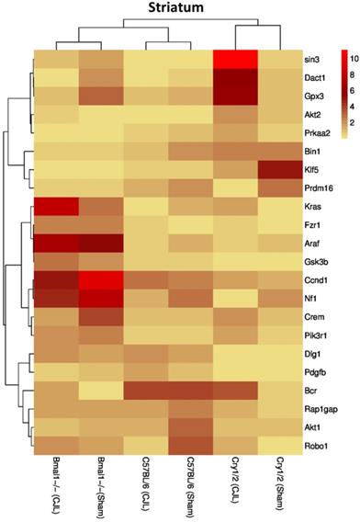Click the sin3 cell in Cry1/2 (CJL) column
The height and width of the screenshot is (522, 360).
pyautogui.click(x=235, y=60)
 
